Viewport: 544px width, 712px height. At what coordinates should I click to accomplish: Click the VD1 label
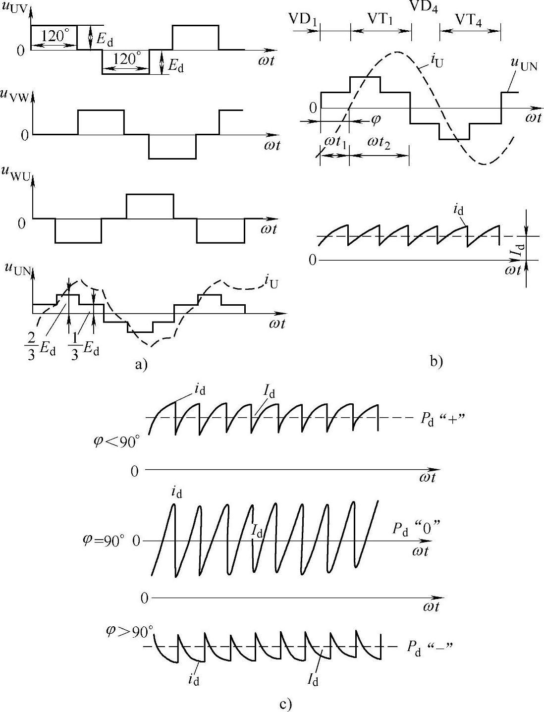pos(303,19)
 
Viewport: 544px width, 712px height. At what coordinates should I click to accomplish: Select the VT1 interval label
pos(381,19)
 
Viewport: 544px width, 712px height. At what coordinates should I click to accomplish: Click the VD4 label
pos(424,6)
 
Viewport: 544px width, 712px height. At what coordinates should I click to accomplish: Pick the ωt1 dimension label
pos(335,142)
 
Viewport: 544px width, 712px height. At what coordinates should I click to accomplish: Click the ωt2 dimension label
pos(380,142)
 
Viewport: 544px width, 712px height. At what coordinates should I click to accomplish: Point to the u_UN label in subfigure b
pos(523,64)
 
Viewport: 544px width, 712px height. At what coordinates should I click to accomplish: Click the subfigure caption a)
pos(141,365)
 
